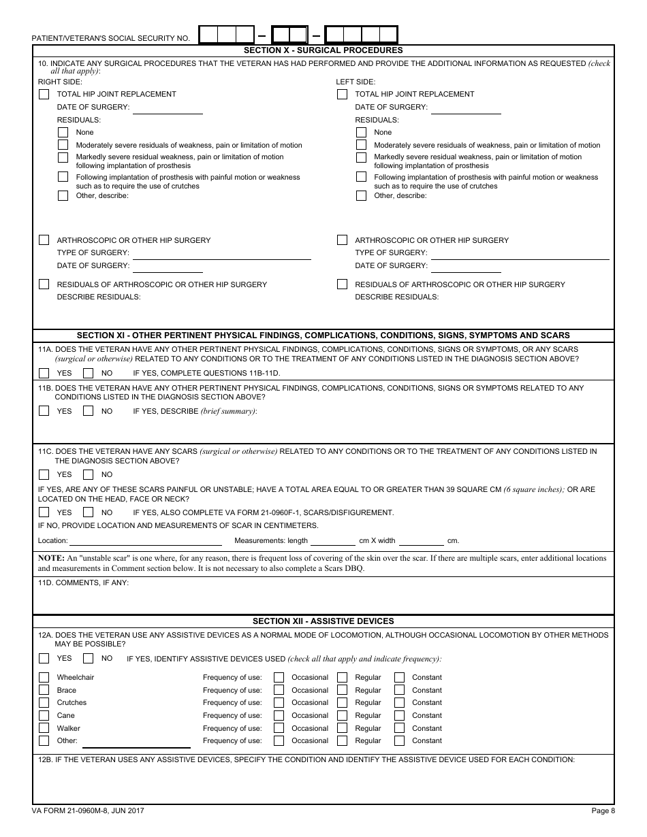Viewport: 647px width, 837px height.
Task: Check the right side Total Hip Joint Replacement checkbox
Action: [44, 95]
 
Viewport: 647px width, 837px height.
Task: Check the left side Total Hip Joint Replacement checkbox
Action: [343, 95]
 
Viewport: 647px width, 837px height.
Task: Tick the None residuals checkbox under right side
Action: [63, 133]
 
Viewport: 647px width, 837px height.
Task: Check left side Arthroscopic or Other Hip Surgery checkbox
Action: [343, 240]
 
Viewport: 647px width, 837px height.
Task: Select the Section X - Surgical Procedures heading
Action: [323, 50]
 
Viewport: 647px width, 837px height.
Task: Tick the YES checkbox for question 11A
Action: [44, 373]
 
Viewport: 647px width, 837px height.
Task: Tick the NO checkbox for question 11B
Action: [89, 411]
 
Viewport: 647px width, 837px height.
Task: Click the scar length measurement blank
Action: [332, 542]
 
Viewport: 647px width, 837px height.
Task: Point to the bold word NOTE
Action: [50, 558]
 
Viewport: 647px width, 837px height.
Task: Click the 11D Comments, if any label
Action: [84, 583]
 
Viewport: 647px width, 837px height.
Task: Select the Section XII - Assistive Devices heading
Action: [323, 621]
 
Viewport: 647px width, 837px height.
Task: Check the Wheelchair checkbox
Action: [44, 678]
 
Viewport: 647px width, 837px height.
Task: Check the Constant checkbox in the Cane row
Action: [400, 716]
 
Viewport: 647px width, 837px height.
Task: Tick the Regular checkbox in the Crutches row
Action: [343, 703]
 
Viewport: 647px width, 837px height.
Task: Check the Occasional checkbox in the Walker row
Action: [279, 728]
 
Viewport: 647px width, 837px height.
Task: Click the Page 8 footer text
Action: [603, 810]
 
